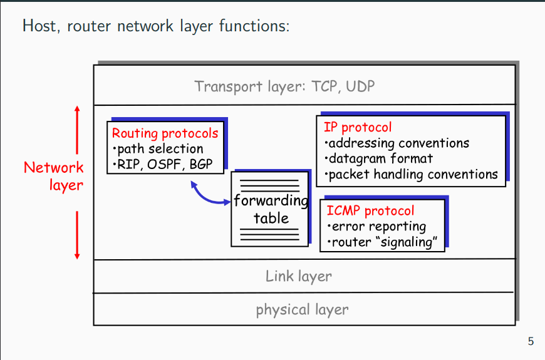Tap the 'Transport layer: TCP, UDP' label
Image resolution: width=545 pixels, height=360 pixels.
click(x=284, y=86)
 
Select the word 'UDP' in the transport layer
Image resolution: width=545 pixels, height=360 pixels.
click(x=360, y=86)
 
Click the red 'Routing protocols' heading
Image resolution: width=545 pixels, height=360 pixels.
click(x=165, y=133)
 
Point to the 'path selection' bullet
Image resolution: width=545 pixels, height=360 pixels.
click(x=158, y=149)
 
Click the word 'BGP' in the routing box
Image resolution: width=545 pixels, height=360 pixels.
click(x=200, y=164)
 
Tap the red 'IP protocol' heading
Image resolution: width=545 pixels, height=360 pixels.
click(x=358, y=128)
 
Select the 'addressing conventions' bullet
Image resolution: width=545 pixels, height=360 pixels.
click(x=397, y=143)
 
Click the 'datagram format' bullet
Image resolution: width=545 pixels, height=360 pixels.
click(x=378, y=158)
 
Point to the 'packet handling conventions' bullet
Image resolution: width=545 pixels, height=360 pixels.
click(x=411, y=174)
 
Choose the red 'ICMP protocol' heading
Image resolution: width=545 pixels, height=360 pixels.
click(x=370, y=210)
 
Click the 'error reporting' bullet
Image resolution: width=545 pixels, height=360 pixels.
click(x=376, y=227)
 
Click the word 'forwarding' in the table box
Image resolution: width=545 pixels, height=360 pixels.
click(x=271, y=201)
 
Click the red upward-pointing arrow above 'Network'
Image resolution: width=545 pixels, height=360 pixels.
click(x=77, y=130)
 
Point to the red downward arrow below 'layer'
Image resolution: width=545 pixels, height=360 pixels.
click(x=77, y=235)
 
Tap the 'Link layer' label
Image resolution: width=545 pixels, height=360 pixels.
click(x=299, y=277)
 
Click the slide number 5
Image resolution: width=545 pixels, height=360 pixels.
click(x=531, y=341)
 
